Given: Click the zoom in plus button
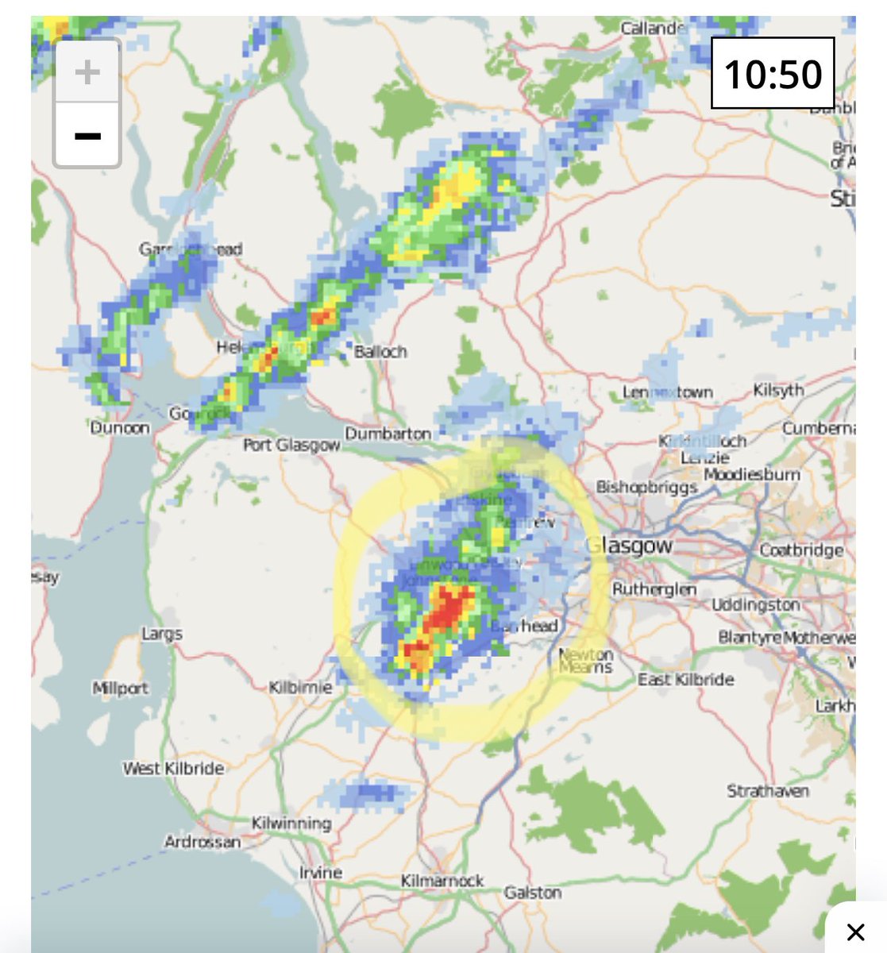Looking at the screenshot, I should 87,72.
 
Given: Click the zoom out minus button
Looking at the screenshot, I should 87,136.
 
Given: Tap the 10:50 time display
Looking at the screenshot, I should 773,74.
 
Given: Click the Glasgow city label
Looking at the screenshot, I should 629,546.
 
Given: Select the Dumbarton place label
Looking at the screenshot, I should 388,434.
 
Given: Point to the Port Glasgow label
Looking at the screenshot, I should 291,446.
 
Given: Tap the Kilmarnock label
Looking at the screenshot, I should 442,881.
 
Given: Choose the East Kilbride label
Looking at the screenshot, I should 686,680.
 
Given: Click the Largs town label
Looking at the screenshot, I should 162,634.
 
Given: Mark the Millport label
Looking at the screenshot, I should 121,688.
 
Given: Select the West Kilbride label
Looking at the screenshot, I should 173,768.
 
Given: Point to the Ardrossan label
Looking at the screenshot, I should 202,842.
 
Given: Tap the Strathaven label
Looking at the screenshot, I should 768,791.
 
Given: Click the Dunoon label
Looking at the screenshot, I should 120,428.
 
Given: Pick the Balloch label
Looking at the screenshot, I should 380,351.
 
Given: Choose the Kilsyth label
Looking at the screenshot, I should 778,390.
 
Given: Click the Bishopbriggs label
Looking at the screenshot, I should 646,487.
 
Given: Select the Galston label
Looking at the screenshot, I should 532,893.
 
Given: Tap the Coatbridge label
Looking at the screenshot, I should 801,550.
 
